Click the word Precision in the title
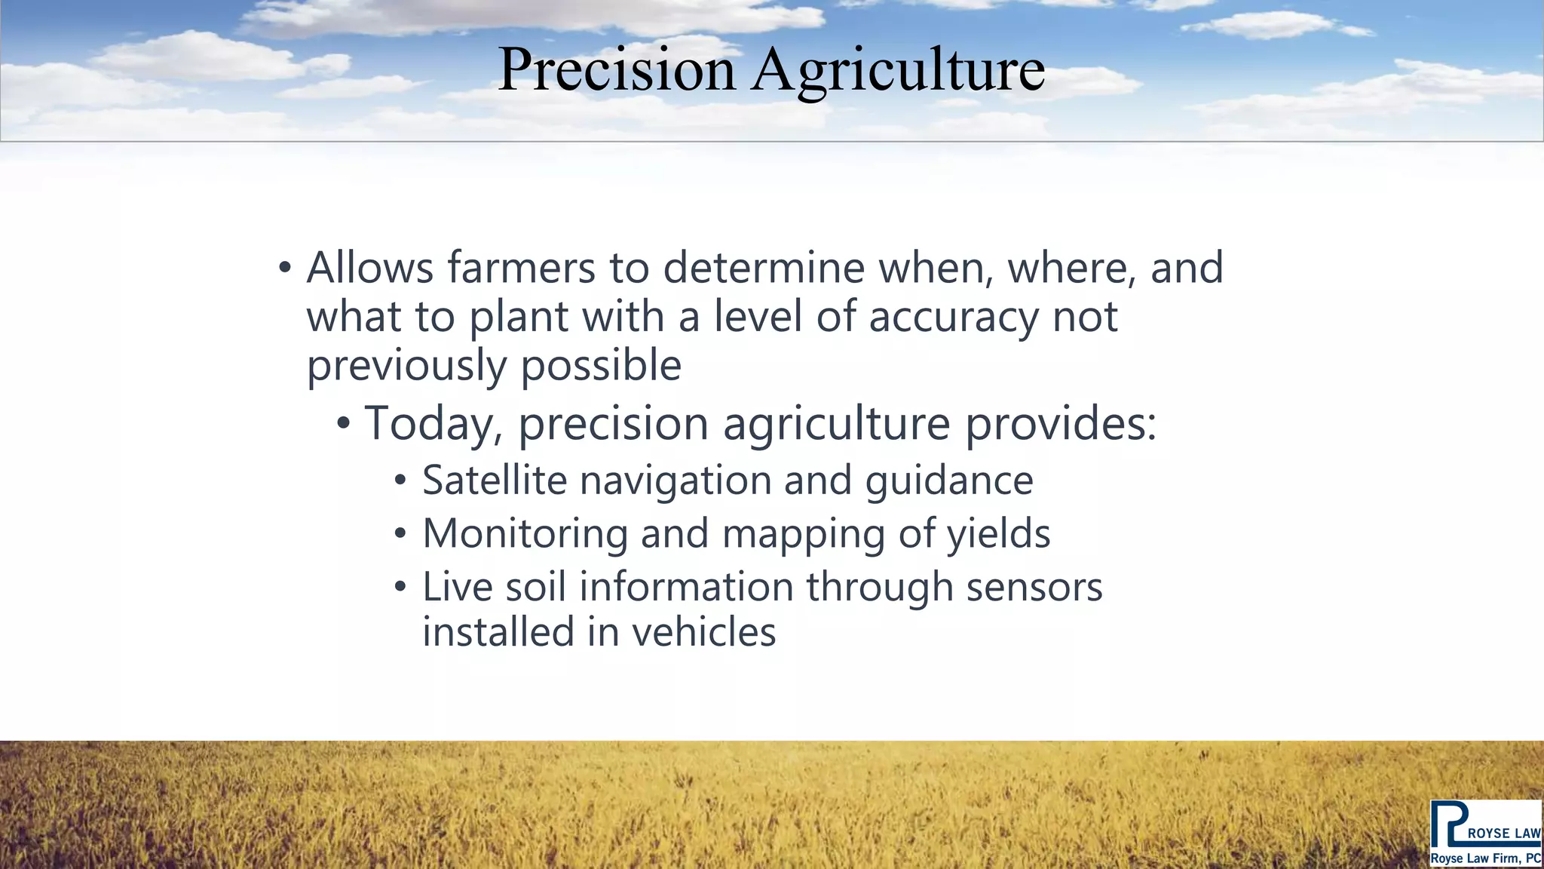point(616,69)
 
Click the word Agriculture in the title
point(898,69)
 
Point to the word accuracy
point(954,317)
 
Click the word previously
point(406,367)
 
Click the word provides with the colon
point(1060,424)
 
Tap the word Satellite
point(495,481)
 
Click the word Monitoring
point(525,534)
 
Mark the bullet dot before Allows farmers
point(284,269)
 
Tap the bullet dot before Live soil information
point(400,587)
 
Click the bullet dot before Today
point(343,424)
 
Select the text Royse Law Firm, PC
point(1485,858)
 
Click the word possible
point(601,367)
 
